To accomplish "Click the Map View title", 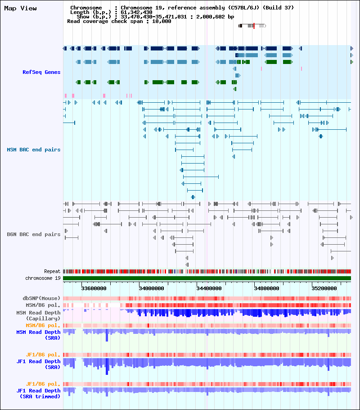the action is (x=20, y=9).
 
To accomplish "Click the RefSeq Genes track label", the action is (x=41, y=72).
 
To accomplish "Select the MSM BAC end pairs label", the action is (x=34, y=150).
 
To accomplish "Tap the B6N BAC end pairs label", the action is (x=34, y=234).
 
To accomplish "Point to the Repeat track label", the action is (x=52, y=271).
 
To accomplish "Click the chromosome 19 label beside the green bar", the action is (x=43, y=278).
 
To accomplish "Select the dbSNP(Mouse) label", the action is (x=41, y=298).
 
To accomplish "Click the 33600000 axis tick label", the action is (x=94, y=288).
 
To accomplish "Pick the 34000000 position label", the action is (x=152, y=288).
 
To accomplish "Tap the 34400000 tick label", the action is (x=209, y=288).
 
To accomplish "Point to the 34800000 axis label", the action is (x=266, y=288).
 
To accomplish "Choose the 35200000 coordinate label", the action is (x=324, y=288).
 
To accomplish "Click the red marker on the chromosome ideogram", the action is (x=254, y=26).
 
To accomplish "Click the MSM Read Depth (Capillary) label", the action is (x=38, y=315).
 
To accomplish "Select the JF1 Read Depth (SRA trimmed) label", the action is (x=38, y=393).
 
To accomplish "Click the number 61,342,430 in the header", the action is (x=136, y=12).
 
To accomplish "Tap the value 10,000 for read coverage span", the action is (x=162, y=21).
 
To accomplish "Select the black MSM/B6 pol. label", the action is (x=43, y=305).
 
